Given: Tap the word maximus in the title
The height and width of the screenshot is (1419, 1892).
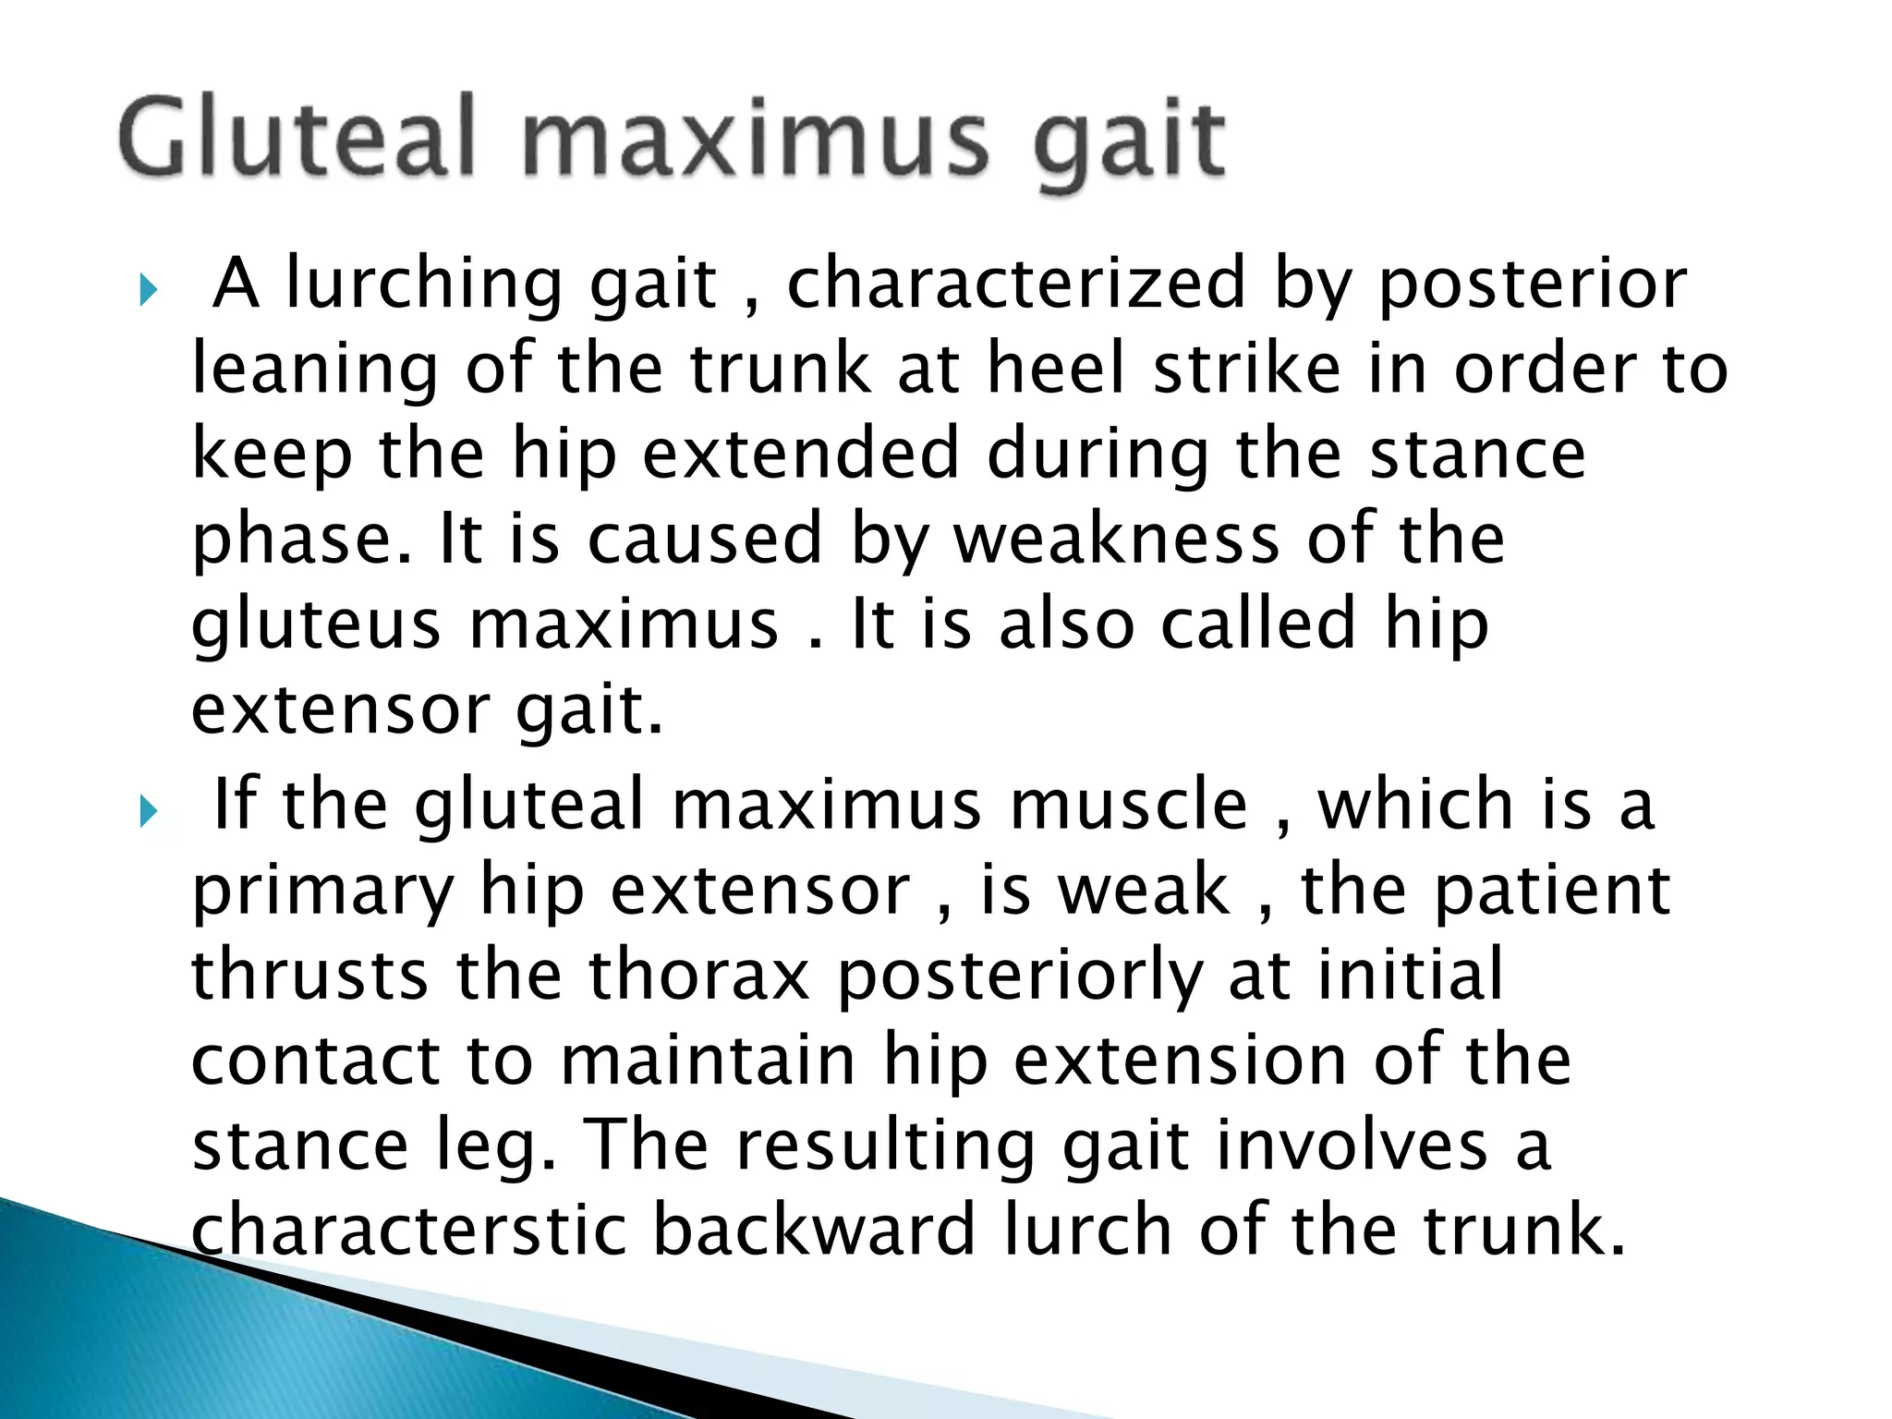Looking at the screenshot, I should [x=755, y=140].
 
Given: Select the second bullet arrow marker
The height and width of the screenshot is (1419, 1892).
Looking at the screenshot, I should [x=148, y=812].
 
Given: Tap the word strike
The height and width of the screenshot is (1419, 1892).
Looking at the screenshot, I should [x=1247, y=369].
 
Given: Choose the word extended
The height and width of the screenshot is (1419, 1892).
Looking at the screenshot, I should [x=801, y=454].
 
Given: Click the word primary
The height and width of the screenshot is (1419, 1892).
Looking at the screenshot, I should [x=322, y=891].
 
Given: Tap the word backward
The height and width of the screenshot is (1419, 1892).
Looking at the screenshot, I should [x=814, y=1230].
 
